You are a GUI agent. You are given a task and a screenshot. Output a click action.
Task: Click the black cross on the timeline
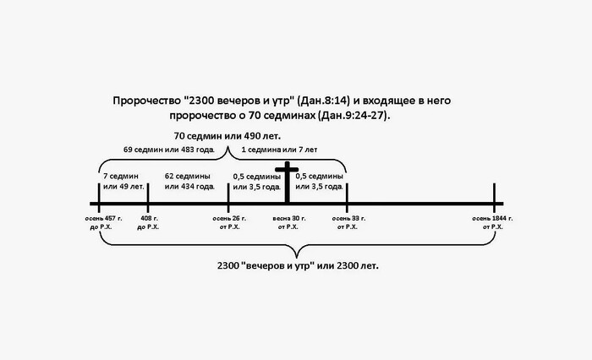pos(287,183)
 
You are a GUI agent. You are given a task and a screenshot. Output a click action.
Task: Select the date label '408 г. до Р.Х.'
pos(148,222)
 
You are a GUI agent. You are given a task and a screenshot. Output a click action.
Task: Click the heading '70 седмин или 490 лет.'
pos(227,136)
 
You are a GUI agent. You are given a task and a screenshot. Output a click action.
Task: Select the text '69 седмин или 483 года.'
pos(169,150)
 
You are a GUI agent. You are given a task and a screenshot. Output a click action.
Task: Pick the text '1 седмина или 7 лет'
pos(279,150)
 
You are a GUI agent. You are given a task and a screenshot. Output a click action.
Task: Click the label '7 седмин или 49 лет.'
pos(123,182)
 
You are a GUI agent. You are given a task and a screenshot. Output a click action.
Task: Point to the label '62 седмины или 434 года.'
pos(189,182)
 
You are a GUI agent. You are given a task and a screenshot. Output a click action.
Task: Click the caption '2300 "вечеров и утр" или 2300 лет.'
pos(298,265)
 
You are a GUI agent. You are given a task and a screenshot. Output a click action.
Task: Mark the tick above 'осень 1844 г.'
pos(494,198)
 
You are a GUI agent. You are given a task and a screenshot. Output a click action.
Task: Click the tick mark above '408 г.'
pos(148,198)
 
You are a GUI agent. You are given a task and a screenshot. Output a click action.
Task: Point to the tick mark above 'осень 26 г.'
pos(228,198)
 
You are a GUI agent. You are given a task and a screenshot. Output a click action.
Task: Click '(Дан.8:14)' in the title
pos(324,101)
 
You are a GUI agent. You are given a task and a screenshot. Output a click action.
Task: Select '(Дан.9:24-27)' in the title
pos(354,116)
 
